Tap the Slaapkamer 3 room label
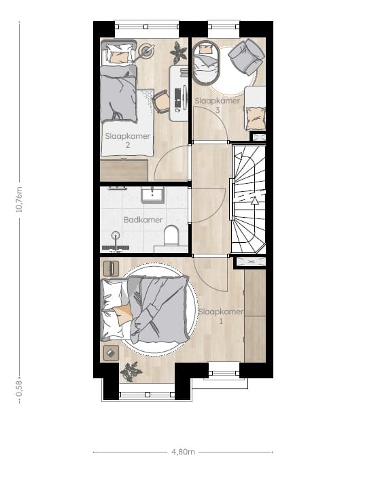click(217, 105)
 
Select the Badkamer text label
click(143, 220)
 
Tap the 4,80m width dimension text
click(182, 452)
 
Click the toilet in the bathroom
click(171, 236)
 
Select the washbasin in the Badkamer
click(152, 195)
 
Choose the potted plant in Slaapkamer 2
click(179, 52)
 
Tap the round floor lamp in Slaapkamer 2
click(146, 50)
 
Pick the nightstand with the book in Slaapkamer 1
click(111, 352)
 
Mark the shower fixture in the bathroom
click(115, 239)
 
